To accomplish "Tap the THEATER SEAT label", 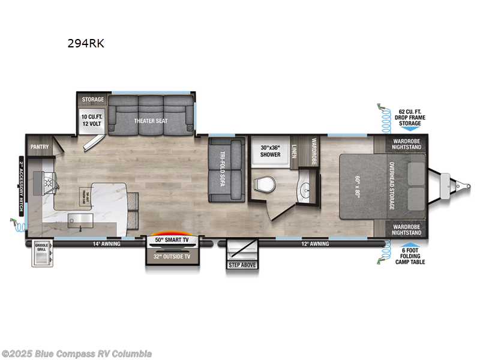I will (150, 121).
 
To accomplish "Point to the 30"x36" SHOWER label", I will (270, 151).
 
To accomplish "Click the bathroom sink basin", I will (307, 190).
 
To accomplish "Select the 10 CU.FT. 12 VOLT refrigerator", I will (92, 119).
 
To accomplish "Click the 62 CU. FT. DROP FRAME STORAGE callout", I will (410, 117).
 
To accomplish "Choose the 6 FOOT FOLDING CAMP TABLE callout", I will (410, 257).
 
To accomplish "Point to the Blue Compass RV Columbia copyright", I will (77, 353).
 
